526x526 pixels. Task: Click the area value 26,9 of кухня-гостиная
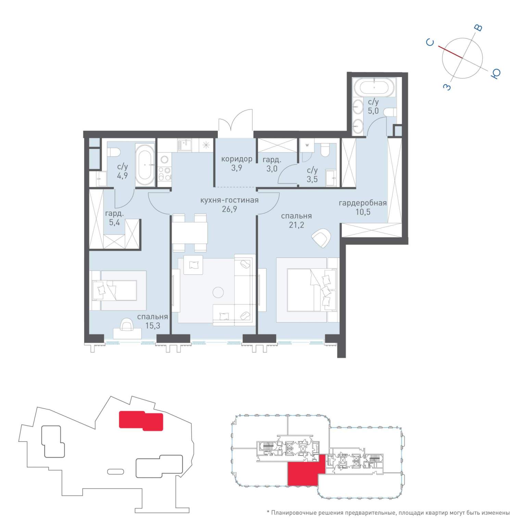coord(229,209)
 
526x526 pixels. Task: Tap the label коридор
coord(237,159)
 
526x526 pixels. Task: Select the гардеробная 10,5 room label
coord(363,207)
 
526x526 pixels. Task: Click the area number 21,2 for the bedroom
coord(296,225)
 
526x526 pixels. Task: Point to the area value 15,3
coord(153,325)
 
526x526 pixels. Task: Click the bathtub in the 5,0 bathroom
coord(374,87)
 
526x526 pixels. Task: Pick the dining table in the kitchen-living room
coord(190,233)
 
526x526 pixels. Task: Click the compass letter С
coord(430,42)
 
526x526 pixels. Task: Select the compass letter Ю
coord(496,74)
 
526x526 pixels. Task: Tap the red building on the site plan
coord(141,421)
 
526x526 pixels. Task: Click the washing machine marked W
coord(307,145)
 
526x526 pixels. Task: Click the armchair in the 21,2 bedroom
coord(321,238)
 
